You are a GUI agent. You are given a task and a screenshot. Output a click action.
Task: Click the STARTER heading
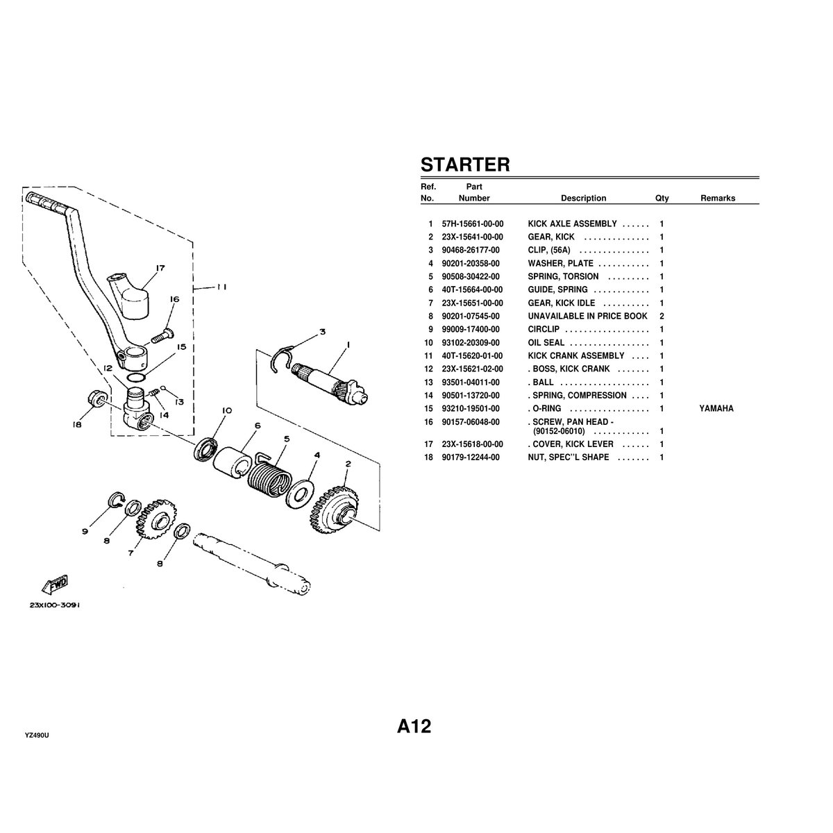click(x=465, y=165)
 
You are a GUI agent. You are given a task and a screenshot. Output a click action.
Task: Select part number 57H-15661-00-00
click(x=472, y=224)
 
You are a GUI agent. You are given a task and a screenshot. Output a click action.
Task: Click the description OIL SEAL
click(x=546, y=343)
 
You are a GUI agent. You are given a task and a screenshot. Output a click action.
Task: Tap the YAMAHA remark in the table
click(x=716, y=409)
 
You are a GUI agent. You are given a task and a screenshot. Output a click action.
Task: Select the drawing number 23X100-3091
click(x=55, y=605)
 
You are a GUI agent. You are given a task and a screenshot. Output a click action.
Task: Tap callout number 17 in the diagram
click(x=160, y=267)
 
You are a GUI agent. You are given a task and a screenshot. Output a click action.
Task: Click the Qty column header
click(x=662, y=198)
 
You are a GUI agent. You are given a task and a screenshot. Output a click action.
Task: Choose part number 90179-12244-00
click(x=472, y=457)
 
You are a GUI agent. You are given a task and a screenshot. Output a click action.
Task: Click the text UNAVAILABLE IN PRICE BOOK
click(x=587, y=316)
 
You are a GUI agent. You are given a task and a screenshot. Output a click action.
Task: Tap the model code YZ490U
click(x=37, y=736)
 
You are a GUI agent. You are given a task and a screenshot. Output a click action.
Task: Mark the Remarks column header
click(x=717, y=198)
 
